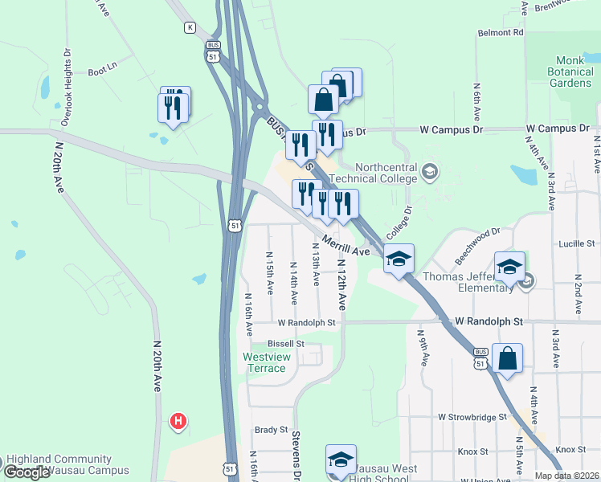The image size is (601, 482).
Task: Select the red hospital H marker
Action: (179, 421)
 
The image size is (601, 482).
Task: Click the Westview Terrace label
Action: (265, 362)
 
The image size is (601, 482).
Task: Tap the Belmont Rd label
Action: (501, 33)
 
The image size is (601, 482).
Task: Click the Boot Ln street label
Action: (103, 70)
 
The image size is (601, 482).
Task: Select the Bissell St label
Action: (286, 343)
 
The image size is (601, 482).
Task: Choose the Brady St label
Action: (271, 430)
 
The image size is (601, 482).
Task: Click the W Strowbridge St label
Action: (472, 418)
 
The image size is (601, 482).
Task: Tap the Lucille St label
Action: (578, 243)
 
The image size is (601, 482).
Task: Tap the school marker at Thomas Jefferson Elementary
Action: (509, 267)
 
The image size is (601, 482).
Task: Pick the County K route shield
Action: (190, 27)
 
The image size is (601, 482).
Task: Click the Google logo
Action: (26, 472)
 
